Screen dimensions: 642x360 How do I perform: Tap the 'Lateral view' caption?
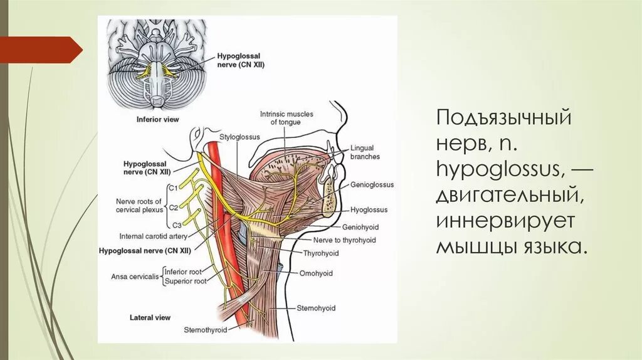coord(150,318)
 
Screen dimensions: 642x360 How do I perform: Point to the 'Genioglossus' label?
coord(372,186)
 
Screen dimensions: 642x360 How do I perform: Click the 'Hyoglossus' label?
coord(369,210)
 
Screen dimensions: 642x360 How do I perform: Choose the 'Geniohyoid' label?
coord(360,226)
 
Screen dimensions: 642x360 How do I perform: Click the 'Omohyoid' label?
coord(315,273)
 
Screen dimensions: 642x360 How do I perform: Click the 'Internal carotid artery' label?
coord(153,236)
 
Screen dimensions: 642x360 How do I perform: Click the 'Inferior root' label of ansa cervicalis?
coord(184,272)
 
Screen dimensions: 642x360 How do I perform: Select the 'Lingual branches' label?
coord(366,153)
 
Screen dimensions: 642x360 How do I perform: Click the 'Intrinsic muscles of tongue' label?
coord(286,118)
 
